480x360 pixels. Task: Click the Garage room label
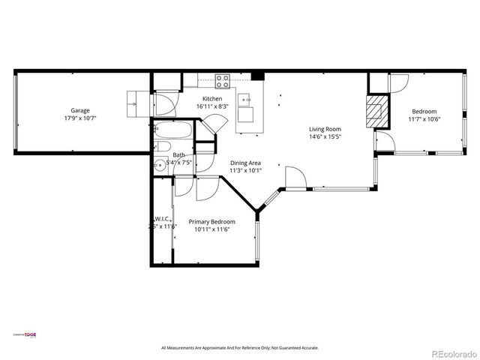(x=80, y=110)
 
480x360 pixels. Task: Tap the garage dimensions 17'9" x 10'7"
(x=80, y=118)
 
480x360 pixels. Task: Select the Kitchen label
(x=212, y=99)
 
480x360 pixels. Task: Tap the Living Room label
(x=325, y=129)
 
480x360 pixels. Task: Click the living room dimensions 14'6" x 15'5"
(x=325, y=137)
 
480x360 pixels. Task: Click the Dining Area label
(x=245, y=163)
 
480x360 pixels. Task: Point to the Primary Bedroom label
(x=211, y=222)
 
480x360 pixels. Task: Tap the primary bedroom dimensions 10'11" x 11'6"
(x=211, y=229)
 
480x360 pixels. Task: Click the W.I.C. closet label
(x=162, y=219)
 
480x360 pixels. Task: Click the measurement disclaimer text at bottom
(x=240, y=348)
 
